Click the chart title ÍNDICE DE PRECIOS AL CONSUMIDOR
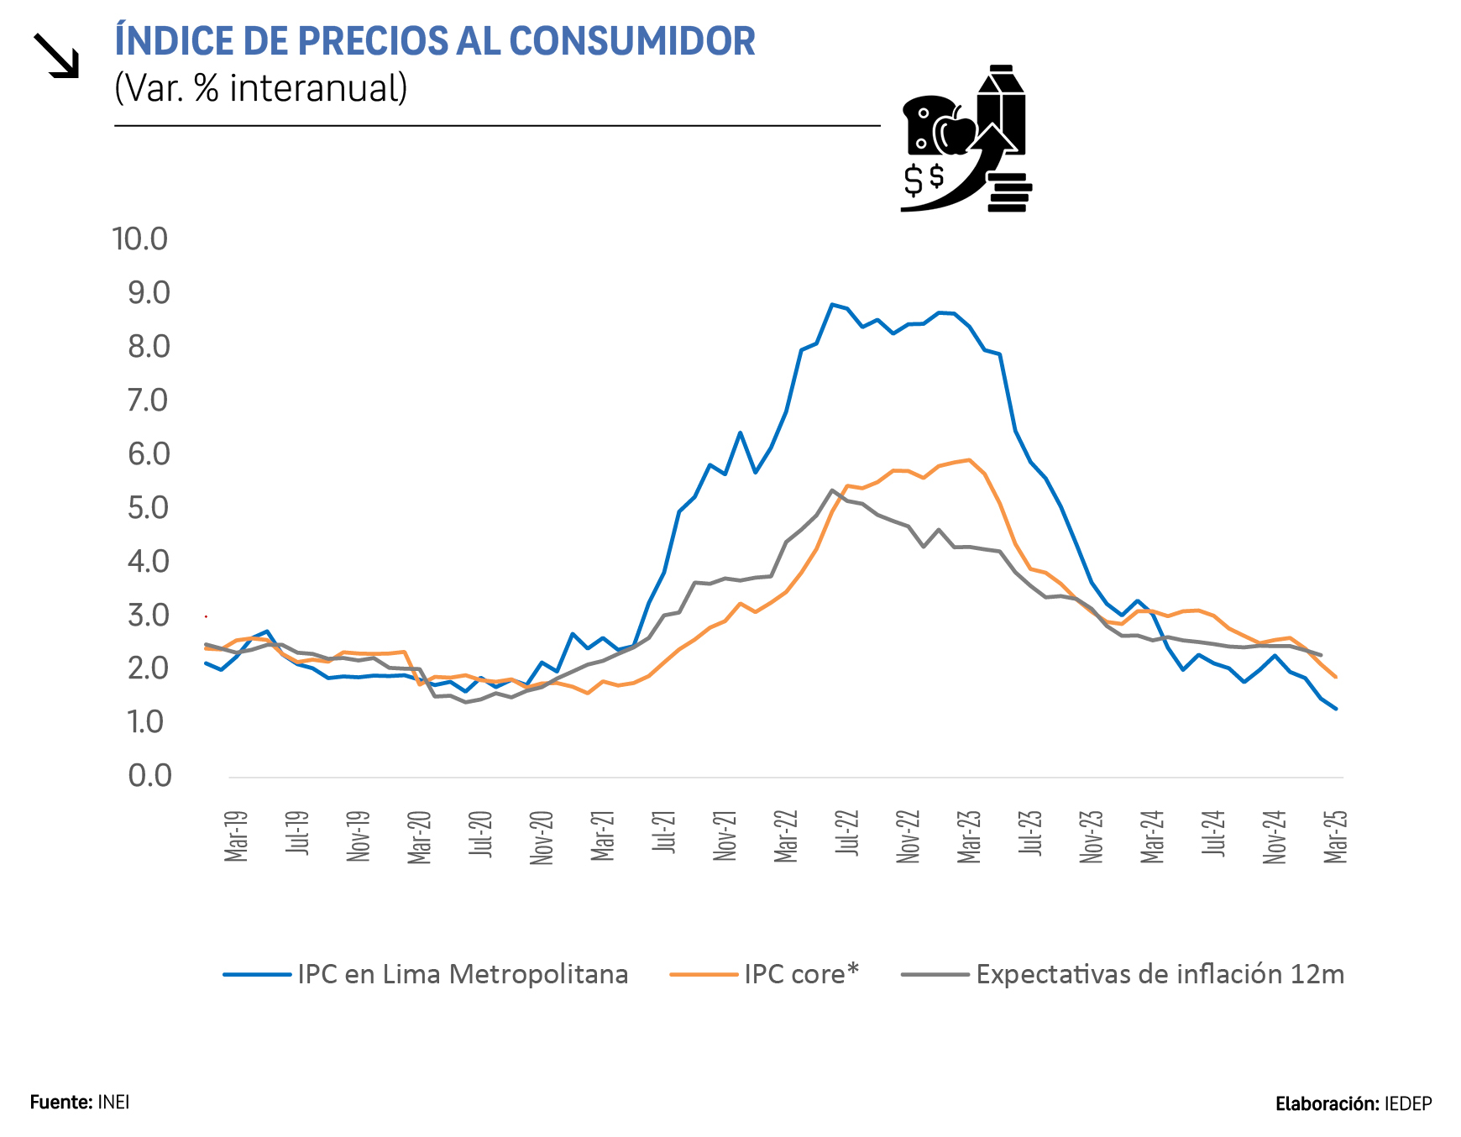[x=434, y=41]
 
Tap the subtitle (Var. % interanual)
[x=260, y=88]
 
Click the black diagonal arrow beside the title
[x=56, y=56]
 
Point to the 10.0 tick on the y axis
[x=140, y=239]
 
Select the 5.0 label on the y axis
[x=148, y=508]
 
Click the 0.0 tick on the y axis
[x=149, y=776]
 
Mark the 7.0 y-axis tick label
[x=148, y=401]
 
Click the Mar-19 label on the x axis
[x=236, y=836]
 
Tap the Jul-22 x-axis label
[x=847, y=833]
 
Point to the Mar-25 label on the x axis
[x=1335, y=836]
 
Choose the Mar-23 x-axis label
[x=969, y=836]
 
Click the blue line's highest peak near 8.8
[x=831, y=305]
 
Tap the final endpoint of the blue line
[x=1335, y=709]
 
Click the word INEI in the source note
[x=113, y=1103]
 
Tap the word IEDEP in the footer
[x=1408, y=1104]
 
